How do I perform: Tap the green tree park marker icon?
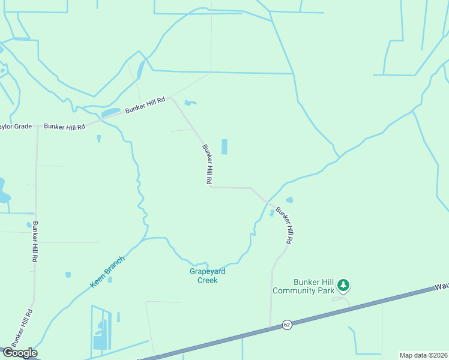point(343,284)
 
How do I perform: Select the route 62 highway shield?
point(286,325)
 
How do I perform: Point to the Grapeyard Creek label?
point(207,275)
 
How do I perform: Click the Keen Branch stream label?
point(107,271)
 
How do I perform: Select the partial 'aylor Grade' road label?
point(14,127)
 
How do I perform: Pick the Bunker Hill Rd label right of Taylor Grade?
point(62,126)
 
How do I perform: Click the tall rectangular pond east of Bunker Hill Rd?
point(224,146)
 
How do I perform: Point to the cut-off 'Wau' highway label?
point(442,288)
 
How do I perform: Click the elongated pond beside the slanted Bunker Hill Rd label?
point(111,113)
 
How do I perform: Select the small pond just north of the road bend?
point(190,103)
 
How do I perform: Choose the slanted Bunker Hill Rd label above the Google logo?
point(22,329)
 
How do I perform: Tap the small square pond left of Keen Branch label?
point(68,275)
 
